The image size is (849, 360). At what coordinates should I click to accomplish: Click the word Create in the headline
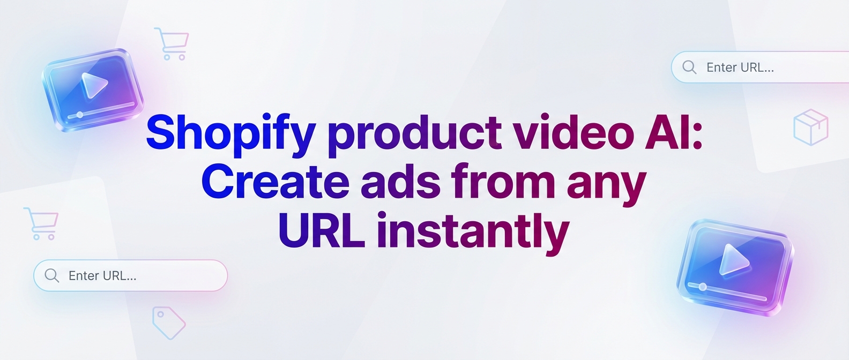pos(275,181)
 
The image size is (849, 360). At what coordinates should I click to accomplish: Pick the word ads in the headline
pos(400,181)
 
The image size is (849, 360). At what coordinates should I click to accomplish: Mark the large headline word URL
pos(322,230)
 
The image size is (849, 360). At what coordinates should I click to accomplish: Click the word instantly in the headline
pos(473,233)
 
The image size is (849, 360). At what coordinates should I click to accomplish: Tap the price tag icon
pos(169,322)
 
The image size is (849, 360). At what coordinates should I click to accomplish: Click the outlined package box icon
pos(811,127)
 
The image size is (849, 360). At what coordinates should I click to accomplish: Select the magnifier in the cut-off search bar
pos(689,67)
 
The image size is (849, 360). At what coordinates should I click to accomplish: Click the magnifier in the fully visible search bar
pos(51,275)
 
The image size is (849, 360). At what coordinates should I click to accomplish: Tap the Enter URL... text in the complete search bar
pos(102,276)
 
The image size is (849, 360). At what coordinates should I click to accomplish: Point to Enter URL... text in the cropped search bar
pos(740,67)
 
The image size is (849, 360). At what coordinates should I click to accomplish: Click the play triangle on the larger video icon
pos(733,260)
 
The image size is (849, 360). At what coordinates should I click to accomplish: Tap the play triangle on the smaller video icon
pos(93,85)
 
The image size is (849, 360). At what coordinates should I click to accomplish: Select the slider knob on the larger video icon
pos(702,287)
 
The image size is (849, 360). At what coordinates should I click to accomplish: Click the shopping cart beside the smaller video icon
pos(172,43)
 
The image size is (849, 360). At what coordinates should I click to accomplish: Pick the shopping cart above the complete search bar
pos(41,223)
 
